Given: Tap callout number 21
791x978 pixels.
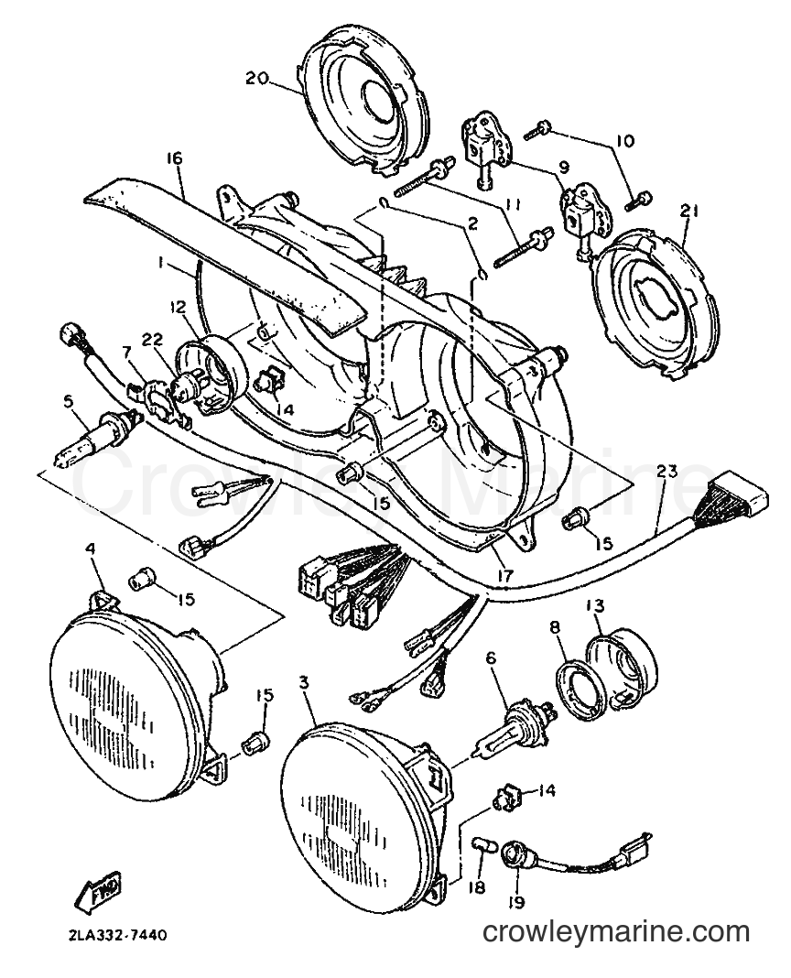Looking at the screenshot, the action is click(689, 212).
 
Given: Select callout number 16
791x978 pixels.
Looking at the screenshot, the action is click(174, 158).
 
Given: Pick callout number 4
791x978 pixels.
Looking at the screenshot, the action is click(91, 549).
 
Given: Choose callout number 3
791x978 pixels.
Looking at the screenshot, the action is click(304, 683).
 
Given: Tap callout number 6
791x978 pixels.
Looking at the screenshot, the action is click(491, 657).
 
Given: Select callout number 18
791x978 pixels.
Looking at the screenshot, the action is click(478, 886).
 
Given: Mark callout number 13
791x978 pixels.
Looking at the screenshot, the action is click(596, 605).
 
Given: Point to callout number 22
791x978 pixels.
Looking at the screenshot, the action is click(152, 340).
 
